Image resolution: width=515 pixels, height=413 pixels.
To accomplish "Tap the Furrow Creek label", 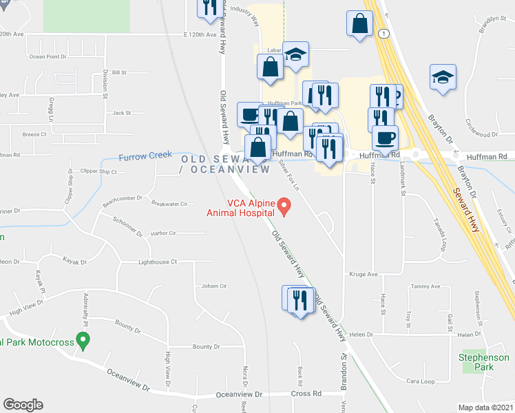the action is (x=145, y=156).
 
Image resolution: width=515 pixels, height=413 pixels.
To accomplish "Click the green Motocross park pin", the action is (x=83, y=339).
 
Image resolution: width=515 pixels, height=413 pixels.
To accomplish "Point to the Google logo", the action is (x=23, y=405).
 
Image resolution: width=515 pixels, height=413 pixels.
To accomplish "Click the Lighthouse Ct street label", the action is (x=158, y=262).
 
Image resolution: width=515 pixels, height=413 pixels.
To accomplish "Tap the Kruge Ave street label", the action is (x=364, y=274).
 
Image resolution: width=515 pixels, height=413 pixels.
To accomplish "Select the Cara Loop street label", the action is (x=421, y=381).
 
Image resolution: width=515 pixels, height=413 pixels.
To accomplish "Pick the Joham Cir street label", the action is (x=214, y=286).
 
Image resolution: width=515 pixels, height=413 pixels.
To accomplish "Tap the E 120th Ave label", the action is (x=200, y=34).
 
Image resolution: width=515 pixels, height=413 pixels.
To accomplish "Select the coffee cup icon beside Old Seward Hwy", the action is (x=249, y=114).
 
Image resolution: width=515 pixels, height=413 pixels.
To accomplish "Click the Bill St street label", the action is (x=120, y=72).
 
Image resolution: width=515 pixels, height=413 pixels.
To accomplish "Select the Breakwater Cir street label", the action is (x=169, y=204).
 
